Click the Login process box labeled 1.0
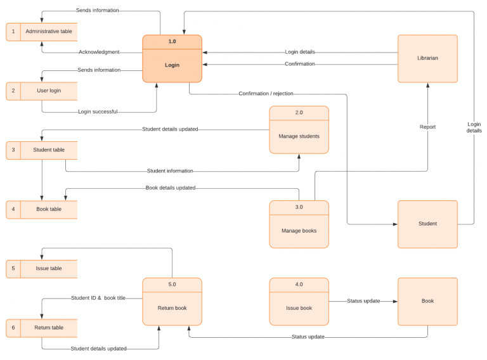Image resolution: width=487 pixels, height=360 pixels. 172,59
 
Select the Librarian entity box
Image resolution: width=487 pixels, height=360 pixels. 427,58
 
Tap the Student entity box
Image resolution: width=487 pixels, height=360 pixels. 427,224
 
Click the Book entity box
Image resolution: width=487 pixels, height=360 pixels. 427,301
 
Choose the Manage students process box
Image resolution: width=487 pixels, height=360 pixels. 299,130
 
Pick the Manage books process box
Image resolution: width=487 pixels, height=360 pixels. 299,224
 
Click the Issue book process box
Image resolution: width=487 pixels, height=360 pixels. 299,302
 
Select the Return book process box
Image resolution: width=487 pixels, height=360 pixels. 172,302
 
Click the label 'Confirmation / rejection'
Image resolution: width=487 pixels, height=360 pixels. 266,94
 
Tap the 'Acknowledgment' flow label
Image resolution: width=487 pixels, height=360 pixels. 99,52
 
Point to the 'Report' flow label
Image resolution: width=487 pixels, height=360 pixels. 427,127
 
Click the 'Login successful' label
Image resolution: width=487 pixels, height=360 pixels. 98,112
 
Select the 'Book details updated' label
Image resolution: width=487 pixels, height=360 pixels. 171,188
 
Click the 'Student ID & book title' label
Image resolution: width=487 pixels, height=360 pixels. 98,298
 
